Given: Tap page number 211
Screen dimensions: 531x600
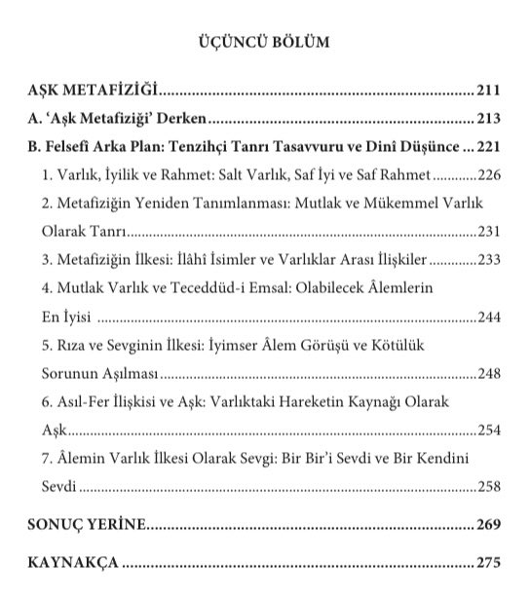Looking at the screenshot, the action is pyautogui.click(x=488, y=93).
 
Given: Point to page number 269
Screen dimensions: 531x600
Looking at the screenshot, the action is pyautogui.click(x=488, y=526).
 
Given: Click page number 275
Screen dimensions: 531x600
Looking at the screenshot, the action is pyautogui.click(x=488, y=565).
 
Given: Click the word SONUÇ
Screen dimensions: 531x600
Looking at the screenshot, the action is pyautogui.click(x=58, y=526).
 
